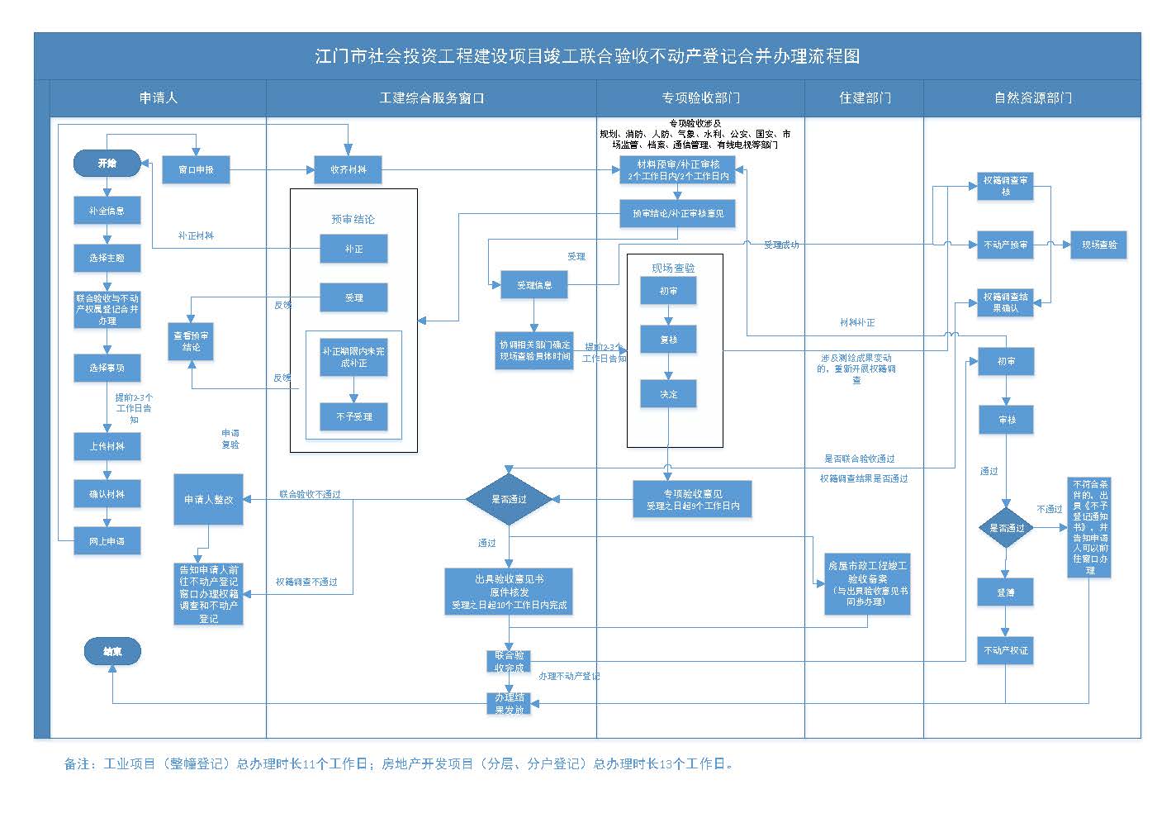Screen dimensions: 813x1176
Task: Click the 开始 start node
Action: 107,164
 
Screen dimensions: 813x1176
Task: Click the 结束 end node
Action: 112,652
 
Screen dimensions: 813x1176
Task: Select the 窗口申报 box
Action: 196,169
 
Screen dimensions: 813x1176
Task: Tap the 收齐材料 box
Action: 348,169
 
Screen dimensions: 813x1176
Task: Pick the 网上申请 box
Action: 107,541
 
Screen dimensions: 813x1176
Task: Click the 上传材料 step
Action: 107,446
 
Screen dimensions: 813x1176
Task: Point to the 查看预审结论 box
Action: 191,341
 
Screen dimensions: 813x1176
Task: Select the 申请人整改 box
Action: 208,499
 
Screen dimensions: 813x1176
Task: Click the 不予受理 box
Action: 353,416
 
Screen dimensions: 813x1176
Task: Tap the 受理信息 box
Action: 534,285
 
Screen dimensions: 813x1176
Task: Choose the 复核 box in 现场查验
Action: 668,340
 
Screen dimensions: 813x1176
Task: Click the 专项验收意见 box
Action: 692,500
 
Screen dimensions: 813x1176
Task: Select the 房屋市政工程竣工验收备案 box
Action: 867,584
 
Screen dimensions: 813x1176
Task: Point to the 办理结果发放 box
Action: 509,703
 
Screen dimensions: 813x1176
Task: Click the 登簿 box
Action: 1005,592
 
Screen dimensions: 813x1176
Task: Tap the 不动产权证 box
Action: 1005,650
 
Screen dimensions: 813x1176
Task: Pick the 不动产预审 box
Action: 1005,245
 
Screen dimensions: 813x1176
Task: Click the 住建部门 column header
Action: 865,97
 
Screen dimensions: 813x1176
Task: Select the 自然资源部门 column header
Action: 1032,97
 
